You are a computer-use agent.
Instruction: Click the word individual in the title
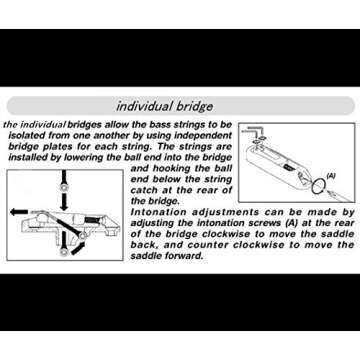[150, 105]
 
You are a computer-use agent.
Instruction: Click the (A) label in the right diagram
[330, 175]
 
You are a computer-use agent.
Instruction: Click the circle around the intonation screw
[317, 186]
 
